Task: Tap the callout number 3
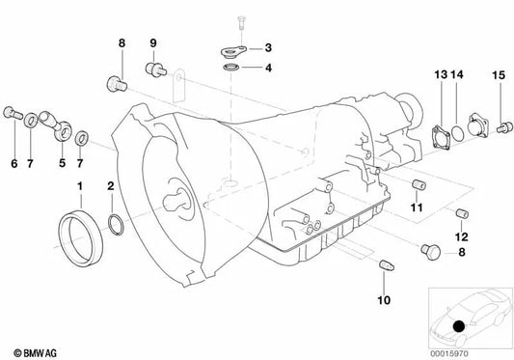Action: click(268, 47)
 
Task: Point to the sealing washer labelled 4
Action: click(231, 68)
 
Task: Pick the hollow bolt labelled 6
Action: click(13, 113)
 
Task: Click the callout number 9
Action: click(153, 43)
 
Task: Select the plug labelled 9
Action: click(155, 69)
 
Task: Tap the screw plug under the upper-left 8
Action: click(117, 84)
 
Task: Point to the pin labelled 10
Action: click(387, 265)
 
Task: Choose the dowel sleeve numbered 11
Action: click(419, 184)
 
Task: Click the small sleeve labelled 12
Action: click(462, 213)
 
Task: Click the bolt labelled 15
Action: click(504, 127)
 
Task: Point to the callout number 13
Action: click(441, 75)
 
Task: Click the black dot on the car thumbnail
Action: click(459, 326)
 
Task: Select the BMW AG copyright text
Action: click(35, 353)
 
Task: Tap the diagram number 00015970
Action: click(449, 353)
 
